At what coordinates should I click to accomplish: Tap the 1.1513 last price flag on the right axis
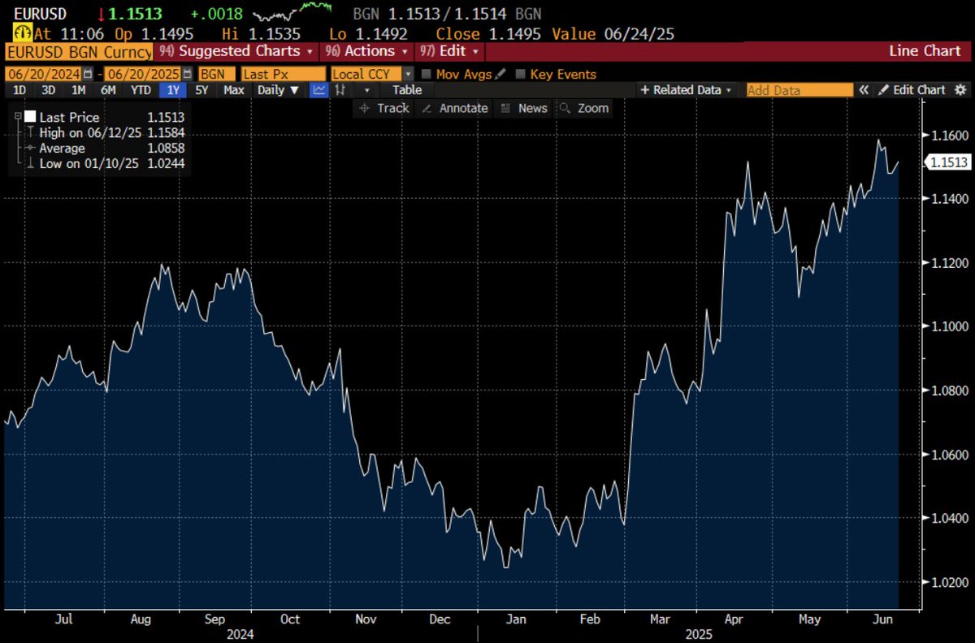[948, 162]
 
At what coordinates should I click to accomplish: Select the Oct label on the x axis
[290, 619]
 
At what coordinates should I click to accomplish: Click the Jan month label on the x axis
[516, 619]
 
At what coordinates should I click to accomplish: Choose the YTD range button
[141, 90]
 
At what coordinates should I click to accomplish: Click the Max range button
[234, 90]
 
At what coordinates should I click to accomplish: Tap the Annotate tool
[456, 108]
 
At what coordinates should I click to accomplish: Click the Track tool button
[385, 108]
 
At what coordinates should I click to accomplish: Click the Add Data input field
[799, 90]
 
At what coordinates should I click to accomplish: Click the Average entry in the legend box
[62, 149]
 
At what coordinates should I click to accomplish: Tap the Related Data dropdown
[687, 90]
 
